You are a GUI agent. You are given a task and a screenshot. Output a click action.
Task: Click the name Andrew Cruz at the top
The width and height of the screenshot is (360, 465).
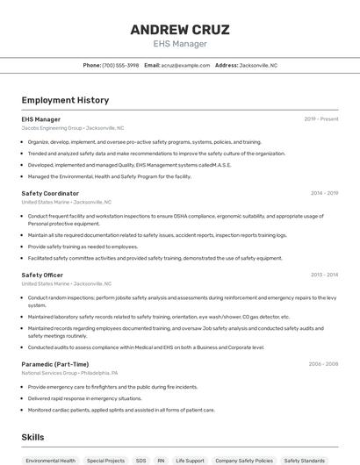(180, 30)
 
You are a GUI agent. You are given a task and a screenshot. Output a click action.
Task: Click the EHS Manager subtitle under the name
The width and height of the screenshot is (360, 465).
(180, 44)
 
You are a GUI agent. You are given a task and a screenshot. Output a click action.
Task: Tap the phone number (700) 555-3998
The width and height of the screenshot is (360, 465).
(120, 65)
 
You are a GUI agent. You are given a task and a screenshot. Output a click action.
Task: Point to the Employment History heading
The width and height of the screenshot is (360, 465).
(65, 101)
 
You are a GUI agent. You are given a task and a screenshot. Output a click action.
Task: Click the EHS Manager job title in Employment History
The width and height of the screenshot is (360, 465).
(41, 119)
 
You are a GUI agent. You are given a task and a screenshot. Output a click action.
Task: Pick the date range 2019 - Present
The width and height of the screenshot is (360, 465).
(321, 119)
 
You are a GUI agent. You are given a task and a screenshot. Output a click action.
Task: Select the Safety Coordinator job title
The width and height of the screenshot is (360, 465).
(50, 193)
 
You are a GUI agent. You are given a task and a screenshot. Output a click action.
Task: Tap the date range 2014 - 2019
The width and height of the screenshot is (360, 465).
(324, 193)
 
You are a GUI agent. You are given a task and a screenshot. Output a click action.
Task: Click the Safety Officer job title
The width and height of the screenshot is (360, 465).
(42, 275)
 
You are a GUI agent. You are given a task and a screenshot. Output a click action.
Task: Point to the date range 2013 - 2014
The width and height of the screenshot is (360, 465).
(324, 275)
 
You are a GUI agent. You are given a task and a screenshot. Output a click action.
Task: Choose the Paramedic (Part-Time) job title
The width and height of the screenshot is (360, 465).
(55, 364)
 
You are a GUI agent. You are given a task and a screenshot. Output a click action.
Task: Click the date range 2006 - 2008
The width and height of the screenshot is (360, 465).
(323, 364)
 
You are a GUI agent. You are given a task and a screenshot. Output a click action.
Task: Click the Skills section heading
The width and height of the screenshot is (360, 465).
(32, 437)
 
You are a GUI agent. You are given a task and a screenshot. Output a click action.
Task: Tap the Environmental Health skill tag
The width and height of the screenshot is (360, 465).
(51, 460)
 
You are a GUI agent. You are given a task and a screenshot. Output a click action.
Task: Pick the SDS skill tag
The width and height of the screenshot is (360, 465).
(140, 460)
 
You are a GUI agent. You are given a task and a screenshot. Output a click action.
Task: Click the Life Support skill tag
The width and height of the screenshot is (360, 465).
(190, 460)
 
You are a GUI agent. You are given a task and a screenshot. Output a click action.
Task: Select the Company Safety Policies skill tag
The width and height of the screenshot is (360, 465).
(244, 460)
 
